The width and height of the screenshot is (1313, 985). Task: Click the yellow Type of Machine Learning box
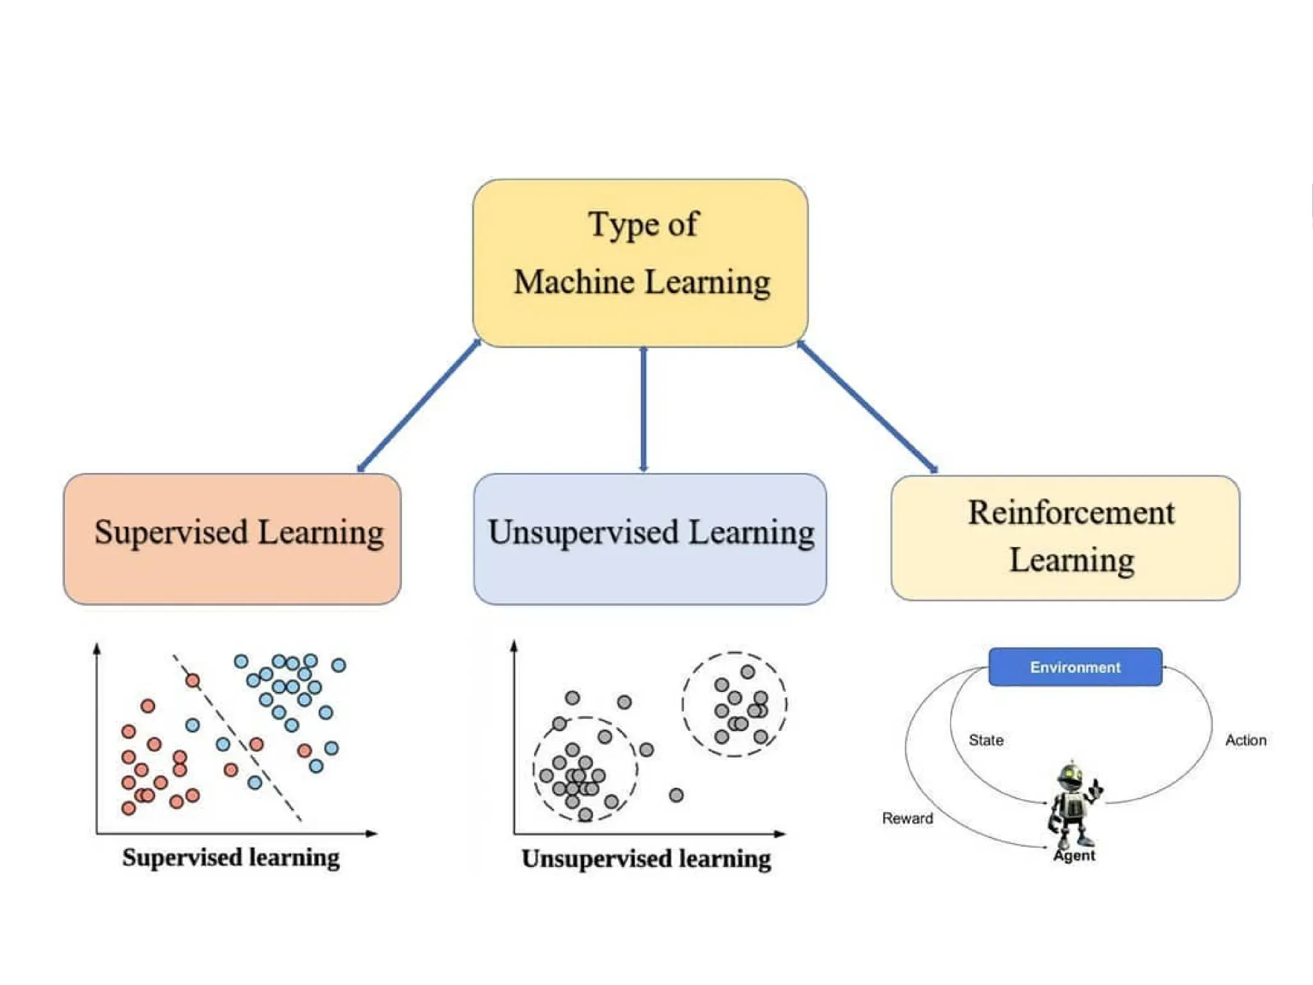pos(640,263)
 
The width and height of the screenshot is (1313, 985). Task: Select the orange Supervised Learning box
pos(232,539)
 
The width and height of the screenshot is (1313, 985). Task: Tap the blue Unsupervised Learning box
pos(649,539)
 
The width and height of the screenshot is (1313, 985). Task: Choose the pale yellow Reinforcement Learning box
pos(1065,537)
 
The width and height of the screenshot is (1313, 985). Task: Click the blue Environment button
pos(1075,667)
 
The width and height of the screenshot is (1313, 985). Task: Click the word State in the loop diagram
pos(986,740)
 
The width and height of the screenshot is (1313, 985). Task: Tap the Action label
pos(1246,740)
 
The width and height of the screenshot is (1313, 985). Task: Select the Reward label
pos(907,818)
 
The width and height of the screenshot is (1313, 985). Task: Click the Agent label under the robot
pos(1075,855)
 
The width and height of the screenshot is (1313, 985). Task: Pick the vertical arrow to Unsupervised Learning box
pos(644,410)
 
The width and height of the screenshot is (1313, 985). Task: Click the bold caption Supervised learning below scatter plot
pos(231,857)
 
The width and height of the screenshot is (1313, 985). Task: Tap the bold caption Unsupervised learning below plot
pos(646,859)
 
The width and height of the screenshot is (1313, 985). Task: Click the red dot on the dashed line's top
pos(192,680)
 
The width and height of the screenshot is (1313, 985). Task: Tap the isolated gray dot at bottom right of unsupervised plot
pos(676,795)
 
